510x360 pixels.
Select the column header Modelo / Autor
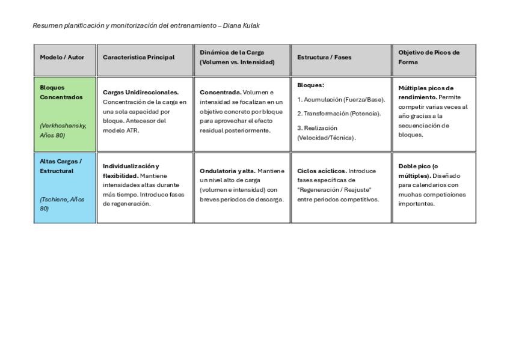pyautogui.click(x=62, y=58)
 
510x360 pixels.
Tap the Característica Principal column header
pyautogui.click(x=138, y=58)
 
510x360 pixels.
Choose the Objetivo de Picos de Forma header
pyautogui.click(x=429, y=57)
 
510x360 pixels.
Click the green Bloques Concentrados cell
pyautogui.click(x=65, y=114)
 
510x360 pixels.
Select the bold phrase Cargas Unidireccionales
pyautogui.click(x=141, y=93)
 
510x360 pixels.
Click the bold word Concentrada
pyautogui.click(x=220, y=93)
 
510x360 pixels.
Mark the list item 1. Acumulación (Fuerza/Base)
pyautogui.click(x=341, y=100)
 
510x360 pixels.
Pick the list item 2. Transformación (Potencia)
pyautogui.click(x=339, y=114)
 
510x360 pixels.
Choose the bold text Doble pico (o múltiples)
pyautogui.click(x=418, y=171)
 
